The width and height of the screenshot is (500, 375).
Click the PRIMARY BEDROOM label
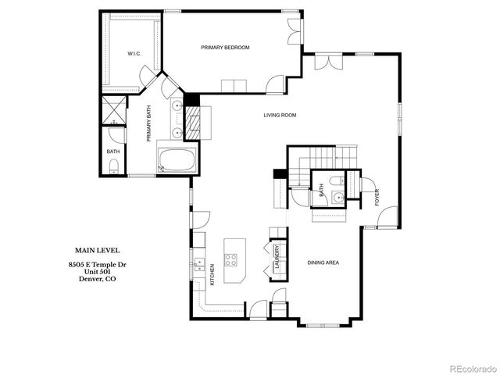click(x=225, y=48)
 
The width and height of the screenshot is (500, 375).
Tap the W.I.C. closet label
click(x=134, y=54)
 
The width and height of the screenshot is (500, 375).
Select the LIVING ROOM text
click(x=279, y=115)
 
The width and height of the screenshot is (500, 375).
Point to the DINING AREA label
click(x=323, y=262)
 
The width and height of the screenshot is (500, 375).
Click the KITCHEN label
click(x=212, y=275)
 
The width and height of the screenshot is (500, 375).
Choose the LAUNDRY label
click(x=277, y=257)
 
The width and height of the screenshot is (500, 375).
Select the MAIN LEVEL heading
click(x=93, y=250)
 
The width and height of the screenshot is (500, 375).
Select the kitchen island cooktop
click(x=232, y=259)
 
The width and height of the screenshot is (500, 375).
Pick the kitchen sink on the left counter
click(x=198, y=262)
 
